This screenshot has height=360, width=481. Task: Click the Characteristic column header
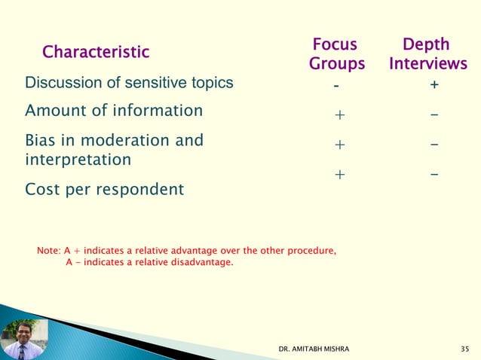coord(96,52)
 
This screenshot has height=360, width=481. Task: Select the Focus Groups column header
coord(336,54)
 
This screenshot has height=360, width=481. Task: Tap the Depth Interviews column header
coord(427,54)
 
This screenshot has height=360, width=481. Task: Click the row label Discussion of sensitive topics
coord(129,83)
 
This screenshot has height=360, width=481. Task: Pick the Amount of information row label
coord(114,111)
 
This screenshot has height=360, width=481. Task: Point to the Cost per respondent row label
coord(104,189)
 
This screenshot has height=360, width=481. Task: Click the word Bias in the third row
coord(41,140)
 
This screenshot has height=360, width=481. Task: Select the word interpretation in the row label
coord(78,160)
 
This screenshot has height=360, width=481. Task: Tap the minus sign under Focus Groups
coord(337,86)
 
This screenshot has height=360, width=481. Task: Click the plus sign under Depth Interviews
coord(434,86)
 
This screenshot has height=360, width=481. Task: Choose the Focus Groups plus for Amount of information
coord(339,115)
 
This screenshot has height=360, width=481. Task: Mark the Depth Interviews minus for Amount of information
coord(435,115)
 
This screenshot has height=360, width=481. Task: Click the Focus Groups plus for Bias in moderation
coord(339,144)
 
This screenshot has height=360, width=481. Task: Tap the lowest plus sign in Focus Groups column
coord(339,175)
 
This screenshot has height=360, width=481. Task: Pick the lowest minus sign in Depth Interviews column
coord(435,174)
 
